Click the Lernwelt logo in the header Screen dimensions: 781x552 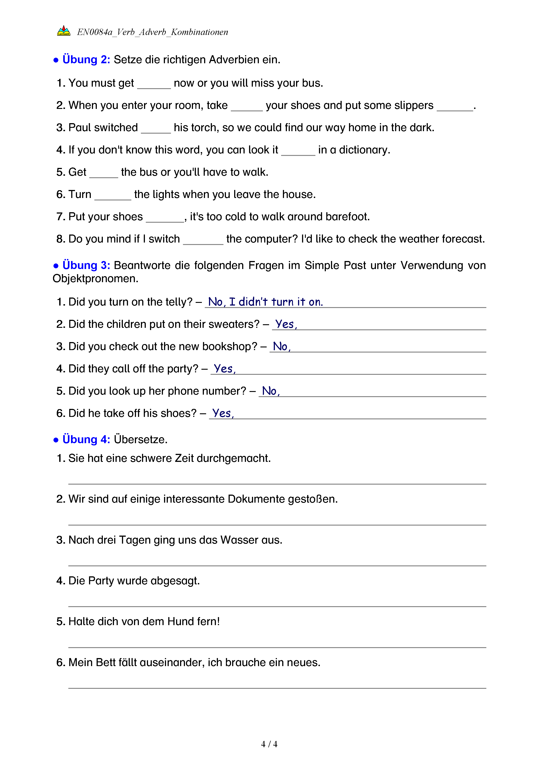click(x=64, y=31)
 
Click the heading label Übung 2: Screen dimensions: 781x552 click(x=86, y=59)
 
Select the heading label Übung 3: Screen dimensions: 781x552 click(x=86, y=265)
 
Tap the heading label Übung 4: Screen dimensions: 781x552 click(x=86, y=439)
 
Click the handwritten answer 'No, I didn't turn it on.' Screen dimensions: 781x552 click(x=265, y=302)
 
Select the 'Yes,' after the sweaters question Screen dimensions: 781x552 click(x=286, y=324)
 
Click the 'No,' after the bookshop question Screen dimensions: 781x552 click(x=281, y=346)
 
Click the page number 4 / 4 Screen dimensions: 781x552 click(x=269, y=744)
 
